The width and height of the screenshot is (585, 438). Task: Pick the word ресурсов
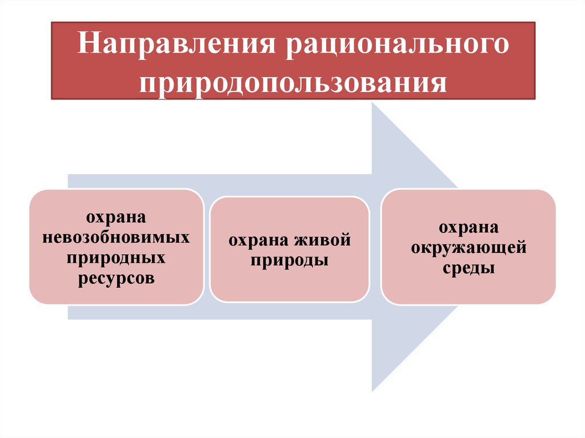click(x=116, y=278)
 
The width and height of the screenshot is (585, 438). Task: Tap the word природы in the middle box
click(x=289, y=261)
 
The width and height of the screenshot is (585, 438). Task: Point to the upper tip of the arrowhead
click(x=373, y=103)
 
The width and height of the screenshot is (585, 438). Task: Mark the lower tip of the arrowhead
click(x=373, y=391)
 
